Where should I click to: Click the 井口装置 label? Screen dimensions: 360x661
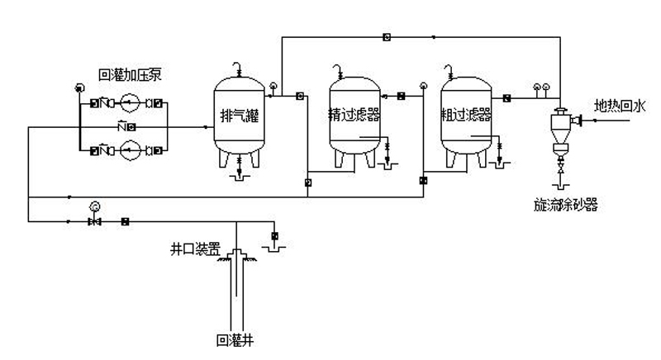pyautogui.click(x=189, y=247)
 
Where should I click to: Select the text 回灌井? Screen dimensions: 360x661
pyautogui.click(x=233, y=339)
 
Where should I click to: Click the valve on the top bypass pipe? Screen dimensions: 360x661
pyautogui.click(x=387, y=36)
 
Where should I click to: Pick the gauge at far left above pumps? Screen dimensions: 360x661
pyautogui.click(x=78, y=88)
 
